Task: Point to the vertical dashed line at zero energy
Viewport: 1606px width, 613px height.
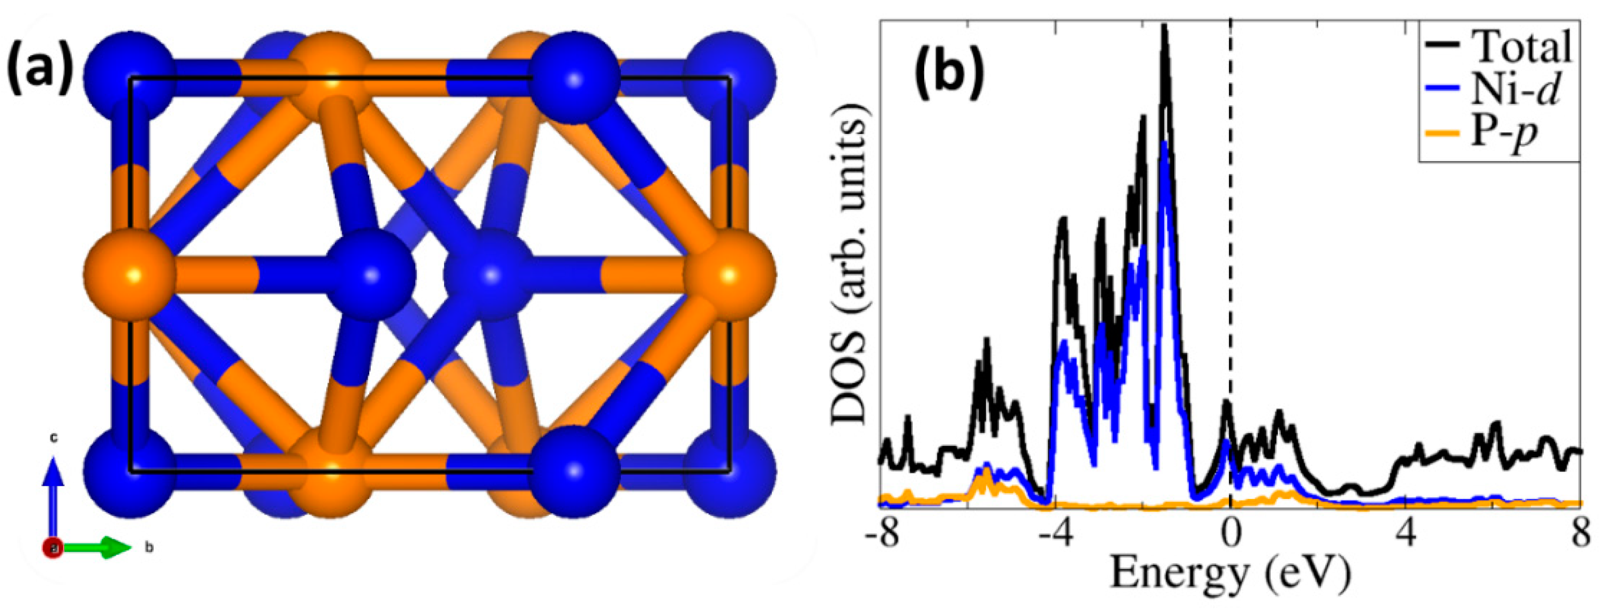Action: pyautogui.click(x=1230, y=249)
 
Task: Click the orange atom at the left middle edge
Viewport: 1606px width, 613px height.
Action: pyautogui.click(x=129, y=274)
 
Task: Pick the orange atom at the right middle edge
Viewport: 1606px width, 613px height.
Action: pyautogui.click(x=730, y=274)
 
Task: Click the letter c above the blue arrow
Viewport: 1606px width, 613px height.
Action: pyautogui.click(x=54, y=438)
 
